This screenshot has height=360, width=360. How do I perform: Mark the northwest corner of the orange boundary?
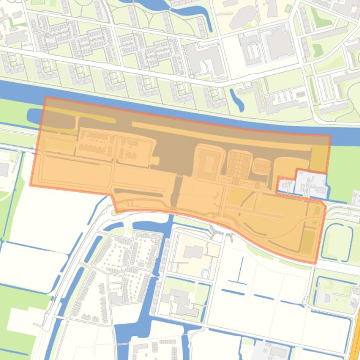(45, 98)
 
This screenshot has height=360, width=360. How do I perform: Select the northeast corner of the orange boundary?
(330, 136)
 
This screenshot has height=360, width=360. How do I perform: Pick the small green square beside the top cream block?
(288, 9)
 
